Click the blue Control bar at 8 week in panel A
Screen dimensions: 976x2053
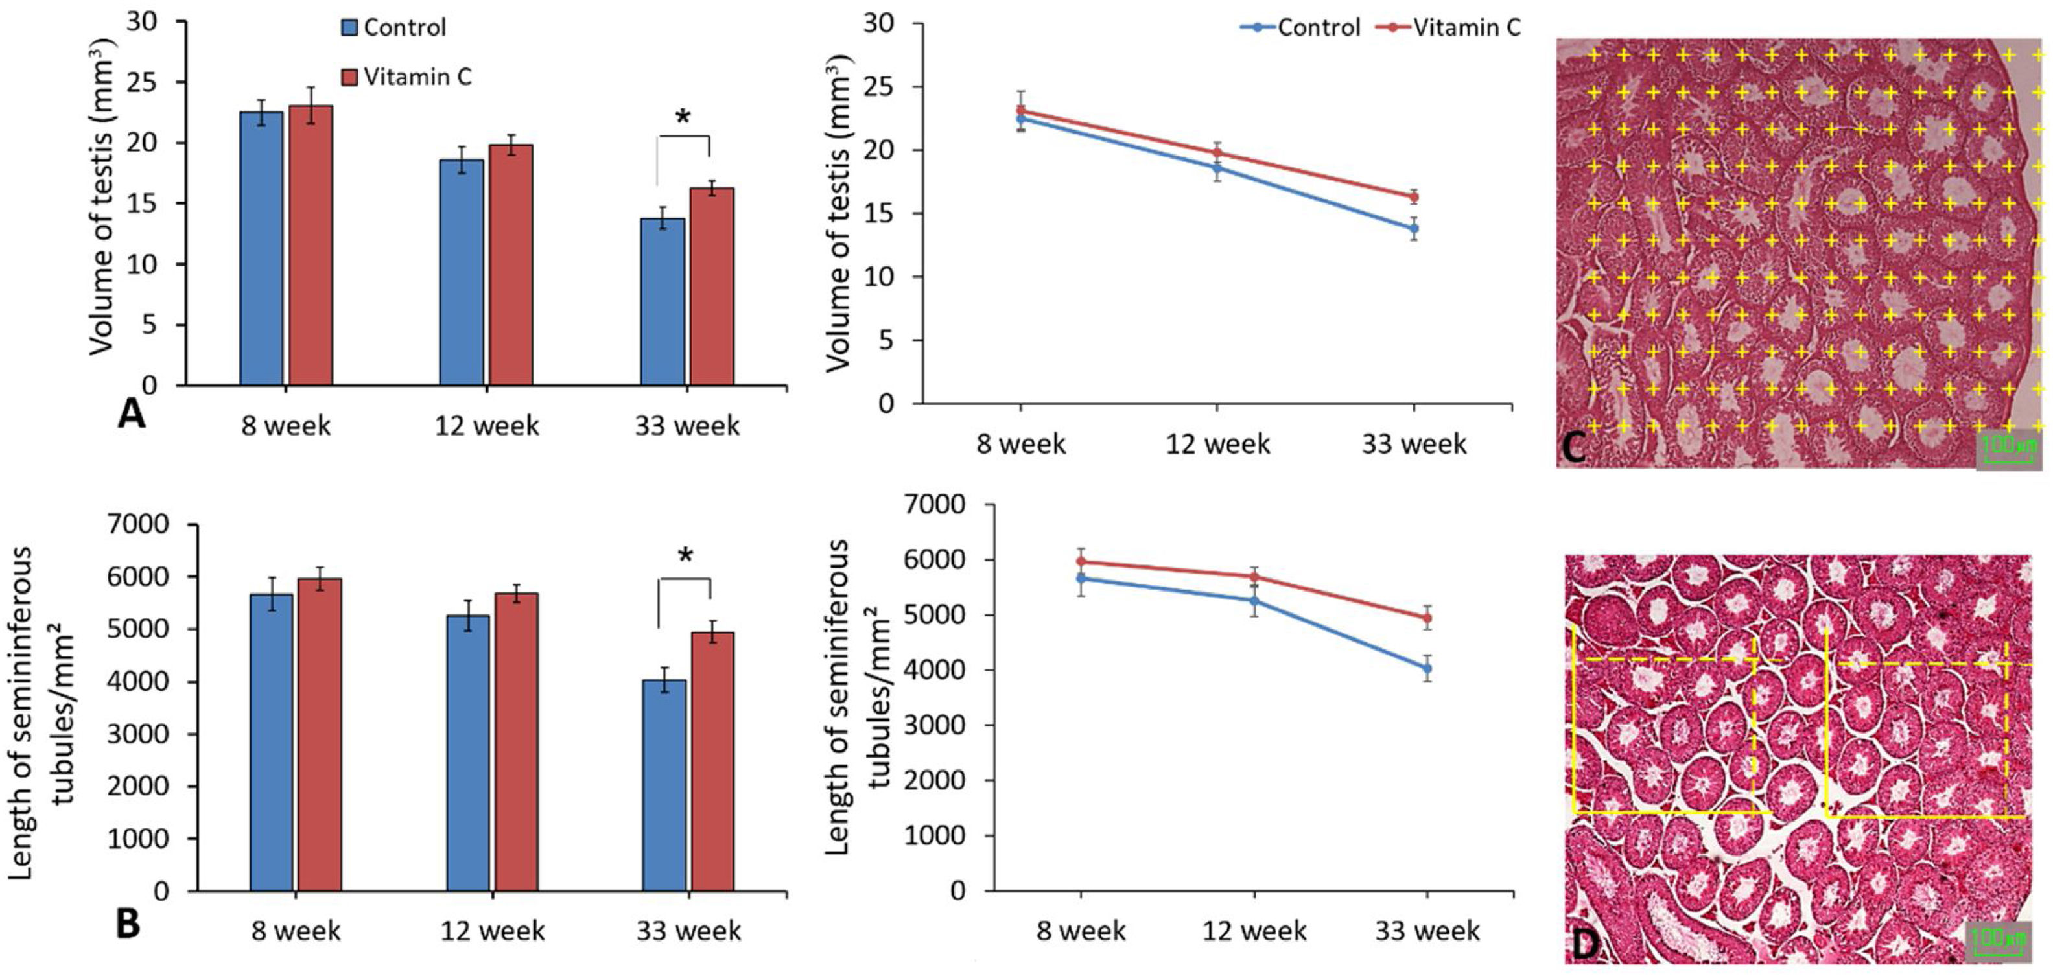click(261, 249)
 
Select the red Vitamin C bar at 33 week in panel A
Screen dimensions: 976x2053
click(712, 287)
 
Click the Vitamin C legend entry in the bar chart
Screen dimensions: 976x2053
click(406, 76)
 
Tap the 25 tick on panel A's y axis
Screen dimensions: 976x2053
click(142, 83)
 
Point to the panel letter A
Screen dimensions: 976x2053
click(132, 414)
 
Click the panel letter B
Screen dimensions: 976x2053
click(128, 924)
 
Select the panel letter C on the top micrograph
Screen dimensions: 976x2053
click(1574, 448)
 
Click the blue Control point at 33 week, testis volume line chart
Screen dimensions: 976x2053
click(1414, 229)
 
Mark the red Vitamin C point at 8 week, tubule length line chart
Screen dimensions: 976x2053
click(1081, 562)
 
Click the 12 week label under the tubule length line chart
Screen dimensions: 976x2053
click(1254, 931)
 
